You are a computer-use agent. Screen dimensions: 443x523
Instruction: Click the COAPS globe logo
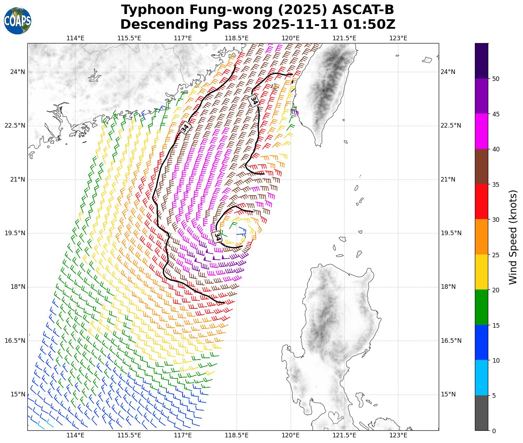pos(18,21)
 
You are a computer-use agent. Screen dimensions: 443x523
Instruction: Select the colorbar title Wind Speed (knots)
pos(513,237)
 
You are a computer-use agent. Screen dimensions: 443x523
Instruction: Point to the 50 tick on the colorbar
pos(496,79)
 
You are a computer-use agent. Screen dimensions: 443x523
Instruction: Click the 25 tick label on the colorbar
pos(496,255)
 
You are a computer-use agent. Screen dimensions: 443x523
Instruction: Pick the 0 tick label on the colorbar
pos(494,431)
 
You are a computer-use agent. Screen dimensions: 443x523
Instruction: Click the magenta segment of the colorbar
pos(481,131)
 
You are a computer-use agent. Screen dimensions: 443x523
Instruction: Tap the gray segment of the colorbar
pos(481,413)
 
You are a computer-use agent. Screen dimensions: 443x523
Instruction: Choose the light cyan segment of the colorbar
pos(481,378)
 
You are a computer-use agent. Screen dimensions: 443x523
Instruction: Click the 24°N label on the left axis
pos(18,72)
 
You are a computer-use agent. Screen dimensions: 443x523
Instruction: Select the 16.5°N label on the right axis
pos(451,341)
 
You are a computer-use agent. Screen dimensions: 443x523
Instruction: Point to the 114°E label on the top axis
pos(75,38)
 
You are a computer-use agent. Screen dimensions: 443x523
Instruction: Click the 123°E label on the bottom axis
pos(398,436)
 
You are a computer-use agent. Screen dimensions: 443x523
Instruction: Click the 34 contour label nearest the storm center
pos(218,237)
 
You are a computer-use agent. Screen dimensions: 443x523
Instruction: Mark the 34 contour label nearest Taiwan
pos(253,101)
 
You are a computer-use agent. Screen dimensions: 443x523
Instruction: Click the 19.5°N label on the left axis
pos(15,233)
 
